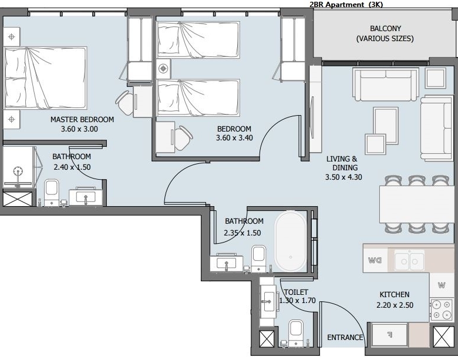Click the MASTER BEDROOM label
[82, 120]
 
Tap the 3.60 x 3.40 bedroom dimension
[234, 138]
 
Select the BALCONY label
[385, 29]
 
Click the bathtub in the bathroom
[291, 241]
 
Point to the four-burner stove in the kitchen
[441, 309]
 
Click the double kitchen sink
[409, 260]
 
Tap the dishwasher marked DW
[375, 260]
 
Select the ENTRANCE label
[345, 338]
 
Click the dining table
[417, 204]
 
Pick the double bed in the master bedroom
[45, 78]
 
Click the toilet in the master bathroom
[52, 192]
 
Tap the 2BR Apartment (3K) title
[346, 4]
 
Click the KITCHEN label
[395, 295]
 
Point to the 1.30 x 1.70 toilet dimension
[297, 301]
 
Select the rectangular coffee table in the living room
[386, 126]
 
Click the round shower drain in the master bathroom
[18, 171]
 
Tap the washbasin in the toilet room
[268, 301]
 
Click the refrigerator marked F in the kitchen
[390, 335]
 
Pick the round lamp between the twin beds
[163, 69]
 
